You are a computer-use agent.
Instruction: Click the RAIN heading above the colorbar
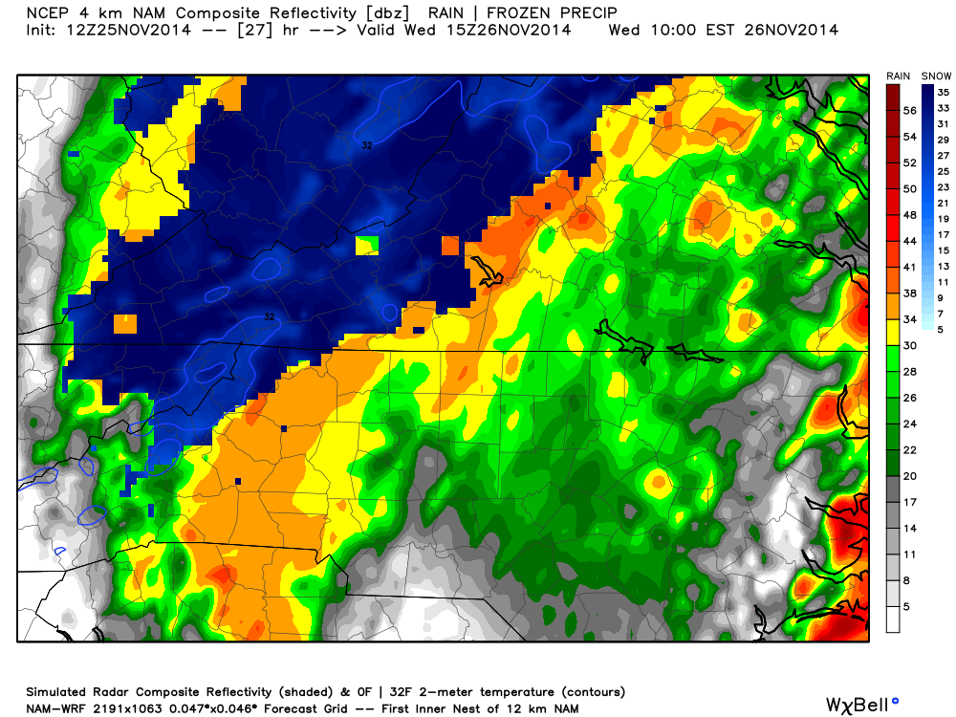coord(898,76)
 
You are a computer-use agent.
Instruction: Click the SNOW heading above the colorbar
coord(935,76)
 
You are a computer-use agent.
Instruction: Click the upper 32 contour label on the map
coord(367,145)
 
